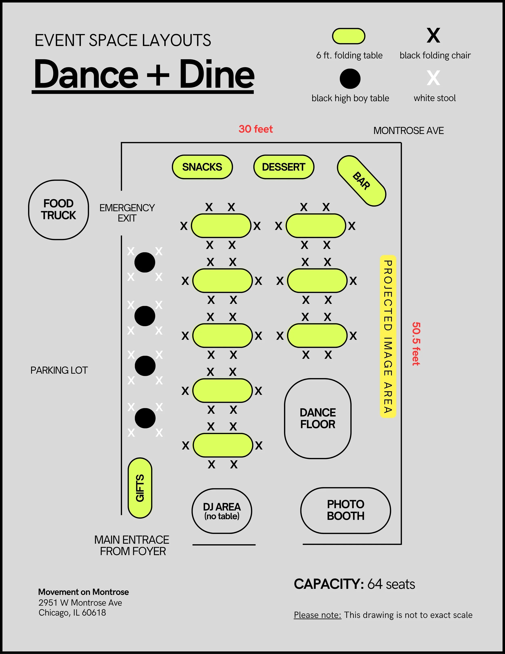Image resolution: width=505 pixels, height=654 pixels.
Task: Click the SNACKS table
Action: [202, 167]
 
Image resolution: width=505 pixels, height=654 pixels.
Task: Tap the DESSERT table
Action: [283, 167]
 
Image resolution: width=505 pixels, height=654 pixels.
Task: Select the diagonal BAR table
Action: [361, 181]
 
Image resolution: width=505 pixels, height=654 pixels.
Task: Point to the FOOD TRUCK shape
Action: [59, 210]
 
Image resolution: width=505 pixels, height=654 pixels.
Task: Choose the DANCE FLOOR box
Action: [318, 418]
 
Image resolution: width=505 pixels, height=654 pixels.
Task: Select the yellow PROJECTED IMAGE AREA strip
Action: [388, 336]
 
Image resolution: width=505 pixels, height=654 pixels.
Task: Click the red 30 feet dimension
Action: [256, 129]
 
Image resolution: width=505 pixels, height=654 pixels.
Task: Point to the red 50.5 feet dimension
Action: [416, 344]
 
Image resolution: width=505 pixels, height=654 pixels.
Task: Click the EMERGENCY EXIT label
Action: [127, 213]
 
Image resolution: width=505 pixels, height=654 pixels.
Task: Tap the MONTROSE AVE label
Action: [408, 131]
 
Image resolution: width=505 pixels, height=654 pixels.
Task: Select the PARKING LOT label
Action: [59, 370]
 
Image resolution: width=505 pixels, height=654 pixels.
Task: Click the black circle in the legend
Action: [350, 79]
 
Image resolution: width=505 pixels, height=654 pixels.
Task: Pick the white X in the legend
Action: [433, 78]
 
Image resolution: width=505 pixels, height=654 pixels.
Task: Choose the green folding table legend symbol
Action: [349, 36]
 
